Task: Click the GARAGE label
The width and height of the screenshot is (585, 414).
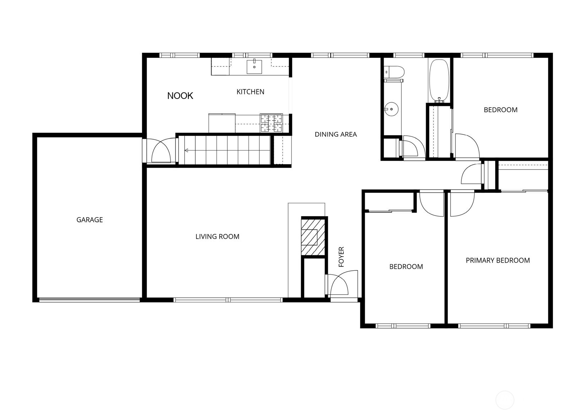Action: pos(90,220)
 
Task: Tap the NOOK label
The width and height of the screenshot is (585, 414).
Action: pos(180,96)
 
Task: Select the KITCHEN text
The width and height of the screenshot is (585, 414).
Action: pos(250,92)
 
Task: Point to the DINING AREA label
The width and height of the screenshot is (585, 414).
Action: pos(336,134)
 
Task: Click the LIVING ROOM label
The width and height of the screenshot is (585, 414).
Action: pos(217,237)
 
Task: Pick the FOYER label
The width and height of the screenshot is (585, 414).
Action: pos(341,257)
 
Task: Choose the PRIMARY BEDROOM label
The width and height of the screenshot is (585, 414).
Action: pos(498,260)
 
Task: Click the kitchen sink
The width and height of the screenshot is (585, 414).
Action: pos(254,66)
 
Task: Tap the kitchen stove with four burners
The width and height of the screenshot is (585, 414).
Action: pos(271,123)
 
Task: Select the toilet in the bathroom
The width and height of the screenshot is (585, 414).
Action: pos(395,72)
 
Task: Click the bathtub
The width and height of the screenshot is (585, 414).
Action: pos(439,81)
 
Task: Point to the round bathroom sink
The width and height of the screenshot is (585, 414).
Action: pos(391,109)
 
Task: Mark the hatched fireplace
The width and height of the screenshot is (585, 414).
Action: pos(313,236)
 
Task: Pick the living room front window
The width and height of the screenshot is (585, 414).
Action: pos(228,300)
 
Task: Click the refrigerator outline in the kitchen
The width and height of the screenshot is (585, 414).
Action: pos(222,123)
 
